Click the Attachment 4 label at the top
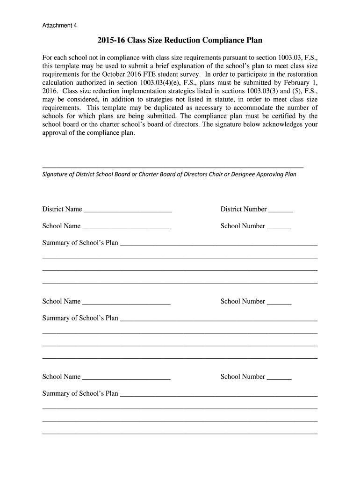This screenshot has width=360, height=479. (60, 25)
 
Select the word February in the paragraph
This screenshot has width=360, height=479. (293, 83)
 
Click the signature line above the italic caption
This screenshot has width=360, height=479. (173, 167)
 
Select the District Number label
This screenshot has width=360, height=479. (244, 209)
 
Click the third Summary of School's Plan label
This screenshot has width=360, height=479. (80, 393)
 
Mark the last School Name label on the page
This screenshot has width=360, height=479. (61, 377)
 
